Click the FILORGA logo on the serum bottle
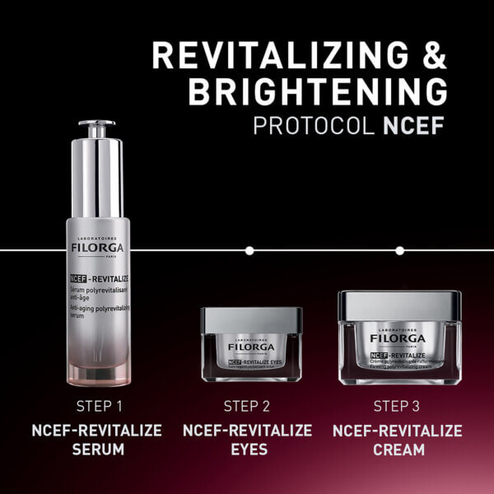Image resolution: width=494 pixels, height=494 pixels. tap(96, 245)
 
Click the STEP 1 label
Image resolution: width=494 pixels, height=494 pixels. tap(99, 406)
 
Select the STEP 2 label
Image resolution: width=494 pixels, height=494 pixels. tap(247, 406)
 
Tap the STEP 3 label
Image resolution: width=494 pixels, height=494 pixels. tap(398, 406)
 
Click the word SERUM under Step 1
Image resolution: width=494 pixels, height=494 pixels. tap(96, 450)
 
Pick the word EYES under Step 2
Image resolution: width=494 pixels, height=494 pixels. tap(247, 450)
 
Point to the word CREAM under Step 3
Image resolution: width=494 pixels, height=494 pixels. tap(398, 450)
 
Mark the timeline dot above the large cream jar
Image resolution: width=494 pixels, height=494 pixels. tap(399, 249)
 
